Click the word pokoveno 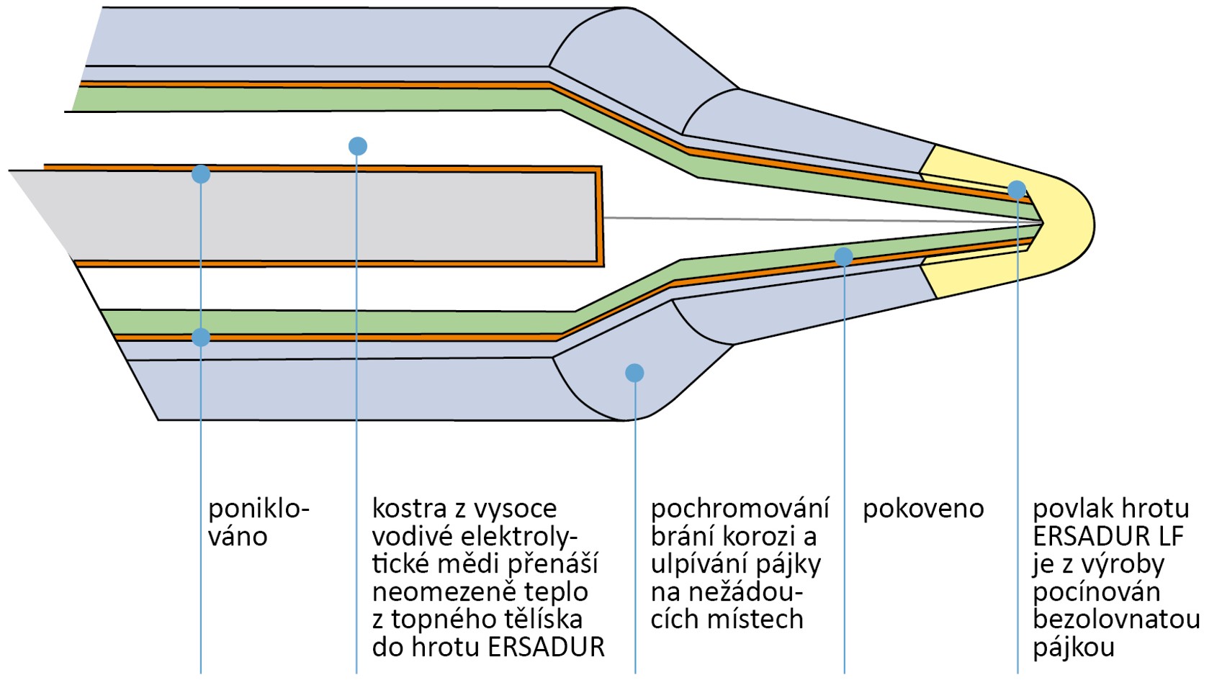[x=922, y=509]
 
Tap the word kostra [x=409, y=509]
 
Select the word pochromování [x=740, y=509]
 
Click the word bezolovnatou [x=1115, y=619]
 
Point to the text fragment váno [x=238, y=536]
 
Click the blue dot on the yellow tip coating [x=1016, y=190]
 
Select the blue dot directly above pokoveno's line [x=843, y=256]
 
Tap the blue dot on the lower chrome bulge [x=634, y=373]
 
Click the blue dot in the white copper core [x=357, y=146]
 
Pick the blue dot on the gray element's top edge [x=201, y=173]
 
